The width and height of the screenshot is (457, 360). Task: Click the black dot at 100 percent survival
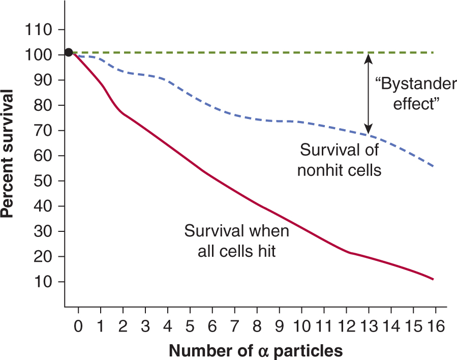(x=69, y=52)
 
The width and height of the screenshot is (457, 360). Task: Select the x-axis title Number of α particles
(x=256, y=350)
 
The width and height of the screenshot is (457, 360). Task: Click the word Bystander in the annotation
(x=416, y=84)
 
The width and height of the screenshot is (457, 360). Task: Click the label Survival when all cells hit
(x=236, y=241)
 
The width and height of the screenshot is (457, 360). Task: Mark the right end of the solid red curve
(x=433, y=279)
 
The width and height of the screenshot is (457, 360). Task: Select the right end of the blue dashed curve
(x=433, y=166)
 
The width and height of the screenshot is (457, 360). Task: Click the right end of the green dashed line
(x=433, y=52)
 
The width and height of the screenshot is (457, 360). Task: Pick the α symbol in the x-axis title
(x=265, y=351)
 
